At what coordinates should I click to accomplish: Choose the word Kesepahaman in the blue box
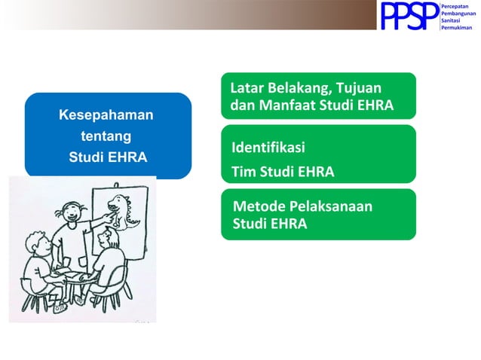[106, 115]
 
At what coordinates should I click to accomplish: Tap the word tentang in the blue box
[106, 136]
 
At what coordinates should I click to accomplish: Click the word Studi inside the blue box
[86, 158]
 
